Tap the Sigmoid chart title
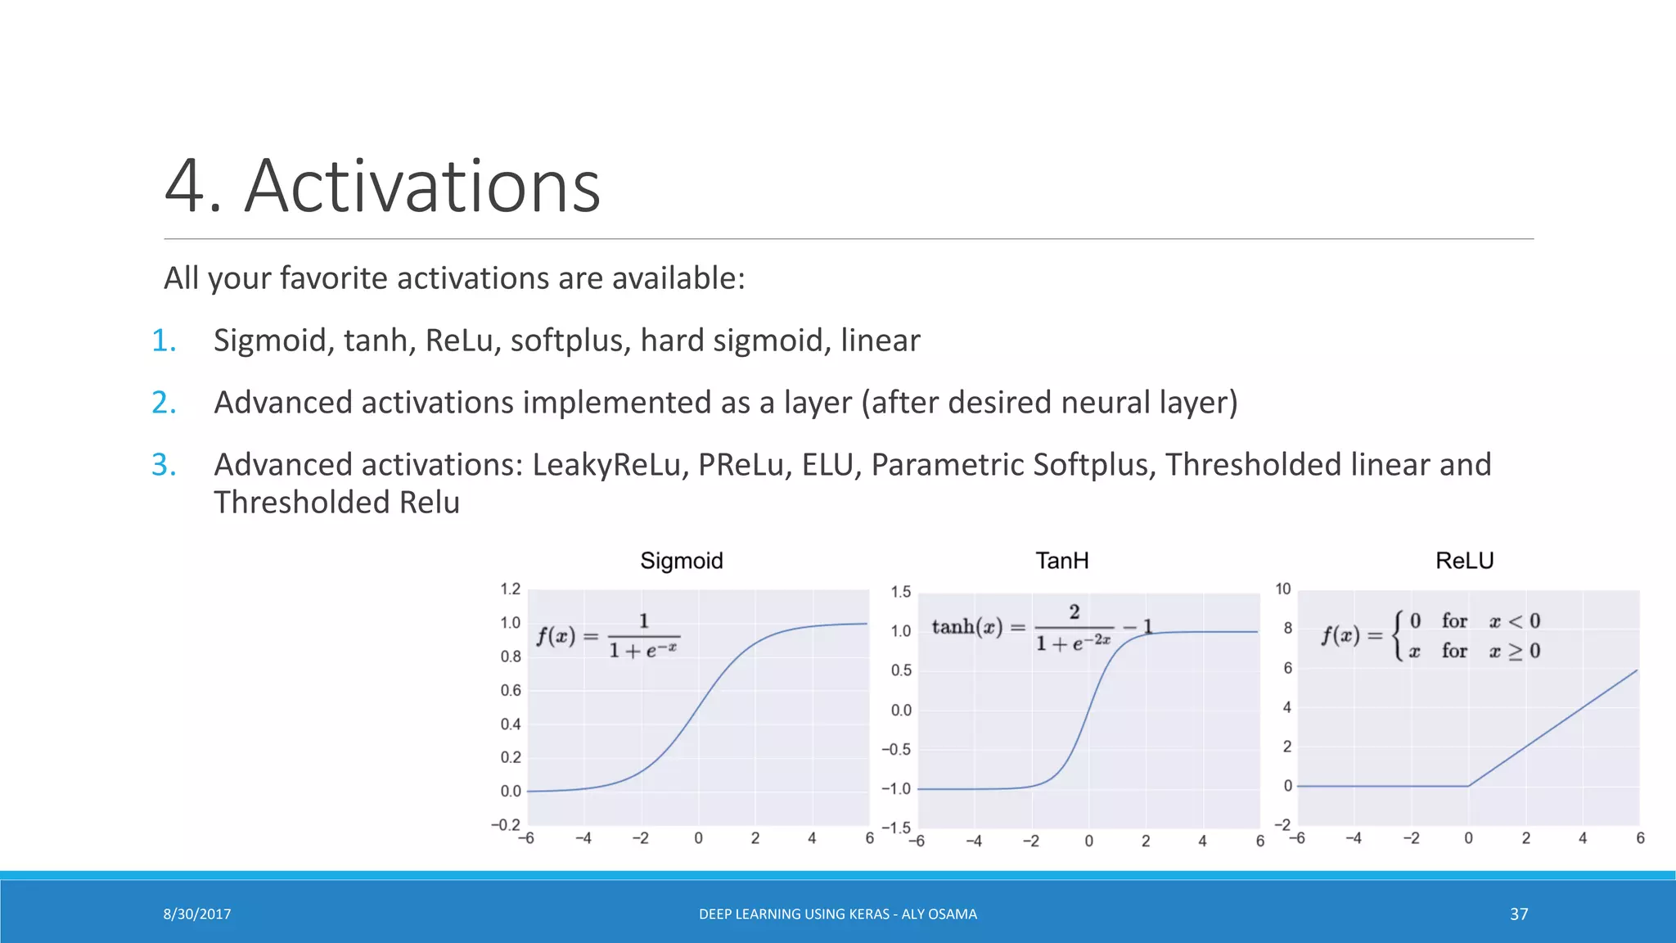coord(681,561)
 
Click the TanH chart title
coord(1061,561)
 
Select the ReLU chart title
coord(1464,561)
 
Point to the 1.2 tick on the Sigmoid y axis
coord(510,589)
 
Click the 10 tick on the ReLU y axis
coord(1282,589)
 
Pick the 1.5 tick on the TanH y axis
coord(900,592)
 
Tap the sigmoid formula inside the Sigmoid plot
coord(607,637)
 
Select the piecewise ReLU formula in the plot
coord(1430,635)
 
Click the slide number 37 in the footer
coord(1519,914)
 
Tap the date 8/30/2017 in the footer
coord(196,914)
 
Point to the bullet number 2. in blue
coord(164,403)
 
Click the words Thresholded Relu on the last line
coord(336,503)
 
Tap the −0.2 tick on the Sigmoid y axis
coord(506,824)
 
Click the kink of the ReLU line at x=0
coord(1469,786)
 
